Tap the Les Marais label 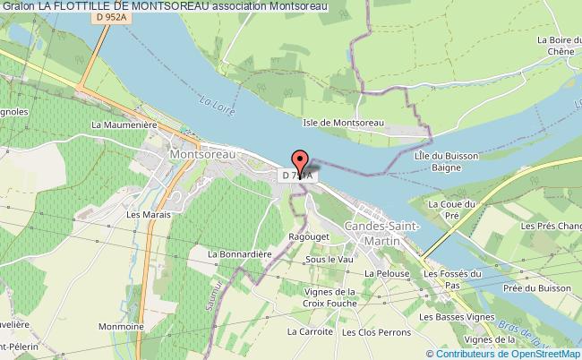click(145, 215)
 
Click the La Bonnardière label click(239, 253)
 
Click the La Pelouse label click(388, 272)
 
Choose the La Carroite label click(311, 330)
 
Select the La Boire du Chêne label click(552, 46)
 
